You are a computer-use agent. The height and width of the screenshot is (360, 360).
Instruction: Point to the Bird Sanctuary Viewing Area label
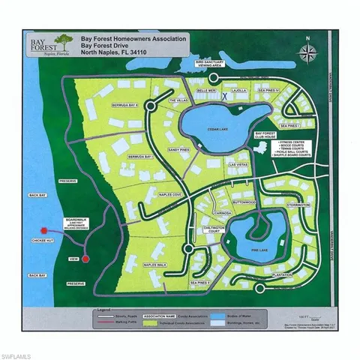[x=210, y=64]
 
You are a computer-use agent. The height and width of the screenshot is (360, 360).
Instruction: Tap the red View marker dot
[x=85, y=259]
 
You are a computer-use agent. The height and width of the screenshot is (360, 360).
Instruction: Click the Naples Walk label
[x=154, y=265]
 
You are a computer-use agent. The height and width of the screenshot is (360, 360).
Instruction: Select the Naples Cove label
[x=151, y=194]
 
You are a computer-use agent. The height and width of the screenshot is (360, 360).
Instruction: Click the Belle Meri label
[x=206, y=89]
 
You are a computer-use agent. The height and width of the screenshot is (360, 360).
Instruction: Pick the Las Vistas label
[x=238, y=164]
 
